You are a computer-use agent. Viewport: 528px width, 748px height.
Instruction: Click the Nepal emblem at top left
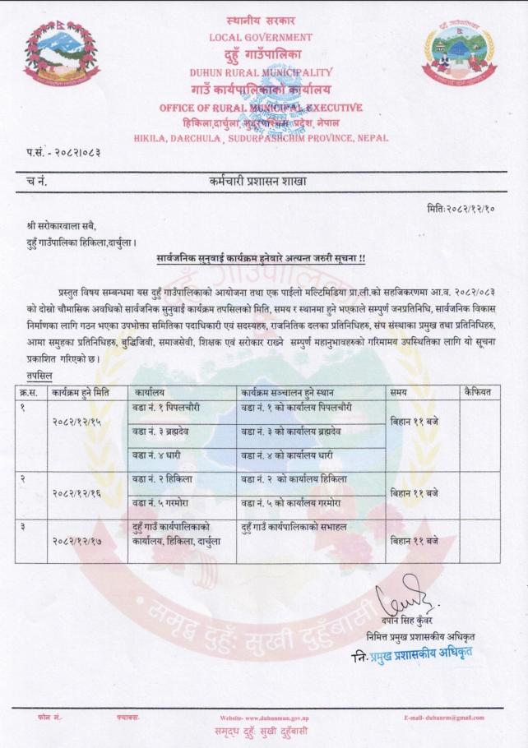tap(62, 54)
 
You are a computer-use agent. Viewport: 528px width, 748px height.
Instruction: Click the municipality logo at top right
tap(460, 55)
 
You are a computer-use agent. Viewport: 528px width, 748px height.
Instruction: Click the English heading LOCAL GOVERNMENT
tap(261, 37)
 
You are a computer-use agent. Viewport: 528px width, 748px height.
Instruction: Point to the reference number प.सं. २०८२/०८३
tap(63, 153)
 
